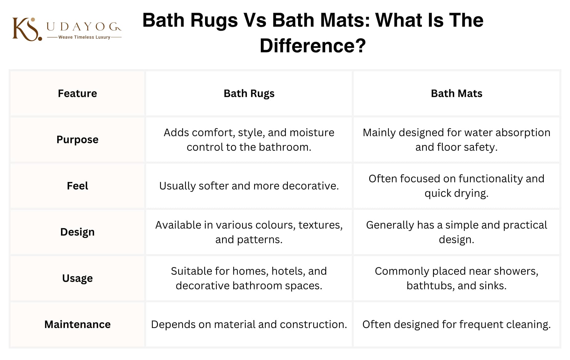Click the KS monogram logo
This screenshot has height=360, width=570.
(x=27, y=29)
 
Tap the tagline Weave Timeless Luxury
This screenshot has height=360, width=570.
(x=84, y=37)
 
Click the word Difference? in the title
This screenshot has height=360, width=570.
(x=313, y=46)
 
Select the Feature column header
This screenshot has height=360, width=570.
(x=77, y=93)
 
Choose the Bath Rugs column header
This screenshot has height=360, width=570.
(x=249, y=94)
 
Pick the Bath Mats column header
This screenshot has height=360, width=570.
(x=456, y=93)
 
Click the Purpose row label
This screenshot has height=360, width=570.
(x=77, y=140)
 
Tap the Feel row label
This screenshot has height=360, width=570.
(x=77, y=186)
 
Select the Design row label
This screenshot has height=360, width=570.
(x=77, y=232)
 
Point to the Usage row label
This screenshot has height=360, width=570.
(x=77, y=278)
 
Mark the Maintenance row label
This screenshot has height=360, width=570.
(x=77, y=324)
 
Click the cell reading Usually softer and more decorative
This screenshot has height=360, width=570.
(x=249, y=186)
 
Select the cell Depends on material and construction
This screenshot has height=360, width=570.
(x=249, y=324)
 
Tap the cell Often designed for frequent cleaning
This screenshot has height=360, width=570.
(x=456, y=325)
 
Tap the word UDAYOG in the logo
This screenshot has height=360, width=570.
(x=84, y=27)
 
